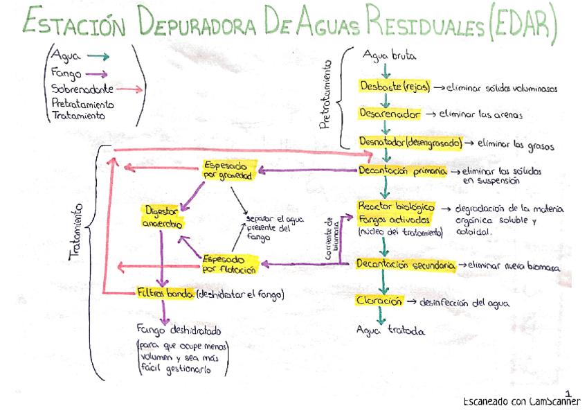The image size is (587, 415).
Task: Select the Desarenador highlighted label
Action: tap(389, 114)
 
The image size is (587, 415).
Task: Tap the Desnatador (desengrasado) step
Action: tap(410, 143)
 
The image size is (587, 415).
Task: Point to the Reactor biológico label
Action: tap(396, 207)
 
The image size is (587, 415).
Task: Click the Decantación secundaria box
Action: tap(406, 265)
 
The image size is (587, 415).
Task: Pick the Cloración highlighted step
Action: tap(379, 301)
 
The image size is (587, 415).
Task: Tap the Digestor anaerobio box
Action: tap(163, 216)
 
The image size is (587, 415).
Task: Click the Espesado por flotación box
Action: tap(229, 263)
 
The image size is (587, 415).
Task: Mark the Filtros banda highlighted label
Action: tap(165, 294)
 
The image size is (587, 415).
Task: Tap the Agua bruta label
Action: tap(389, 55)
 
